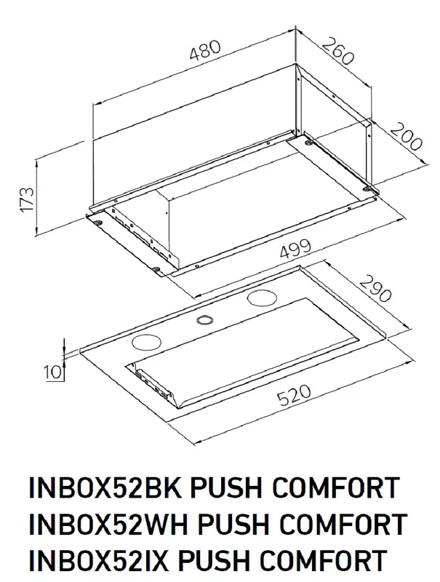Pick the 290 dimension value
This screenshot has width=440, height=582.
coord(375,289)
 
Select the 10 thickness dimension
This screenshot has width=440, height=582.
coord(52,373)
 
